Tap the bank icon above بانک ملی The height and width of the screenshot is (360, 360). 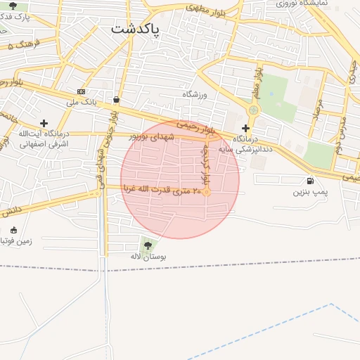(x=81, y=91)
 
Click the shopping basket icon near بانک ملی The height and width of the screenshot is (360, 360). (x=115, y=100)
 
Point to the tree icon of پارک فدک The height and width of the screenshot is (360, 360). (x=13, y=6)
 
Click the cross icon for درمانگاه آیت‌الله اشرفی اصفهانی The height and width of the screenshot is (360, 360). (x=44, y=123)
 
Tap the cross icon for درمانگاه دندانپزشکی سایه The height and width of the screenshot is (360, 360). (x=245, y=128)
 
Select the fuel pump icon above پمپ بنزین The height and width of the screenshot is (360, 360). (x=311, y=181)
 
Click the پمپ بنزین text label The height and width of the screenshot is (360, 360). (x=310, y=191)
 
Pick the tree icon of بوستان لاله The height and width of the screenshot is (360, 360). (x=148, y=245)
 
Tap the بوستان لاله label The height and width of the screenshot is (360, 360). (x=148, y=257)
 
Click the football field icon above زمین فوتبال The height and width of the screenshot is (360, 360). (x=13, y=230)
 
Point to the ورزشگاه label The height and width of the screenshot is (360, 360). (x=196, y=94)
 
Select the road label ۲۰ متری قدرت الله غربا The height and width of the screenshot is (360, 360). (x=162, y=189)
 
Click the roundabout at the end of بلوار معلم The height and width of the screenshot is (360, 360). (x=252, y=110)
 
